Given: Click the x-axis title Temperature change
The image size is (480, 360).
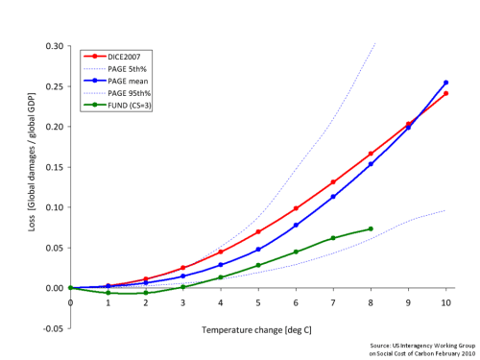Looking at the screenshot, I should click(x=256, y=329).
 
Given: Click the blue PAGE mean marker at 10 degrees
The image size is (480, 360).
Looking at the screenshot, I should click(x=445, y=83).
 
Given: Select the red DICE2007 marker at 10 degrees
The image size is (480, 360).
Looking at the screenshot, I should click(x=445, y=93).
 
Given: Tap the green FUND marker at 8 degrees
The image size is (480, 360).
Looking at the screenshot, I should click(x=371, y=228).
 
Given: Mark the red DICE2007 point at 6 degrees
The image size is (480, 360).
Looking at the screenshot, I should click(x=296, y=208).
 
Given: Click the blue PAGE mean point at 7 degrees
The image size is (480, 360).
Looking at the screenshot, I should click(x=333, y=197).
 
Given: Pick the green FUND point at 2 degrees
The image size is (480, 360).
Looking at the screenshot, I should click(x=146, y=293).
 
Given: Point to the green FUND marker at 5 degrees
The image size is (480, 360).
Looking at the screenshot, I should click(x=258, y=265).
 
